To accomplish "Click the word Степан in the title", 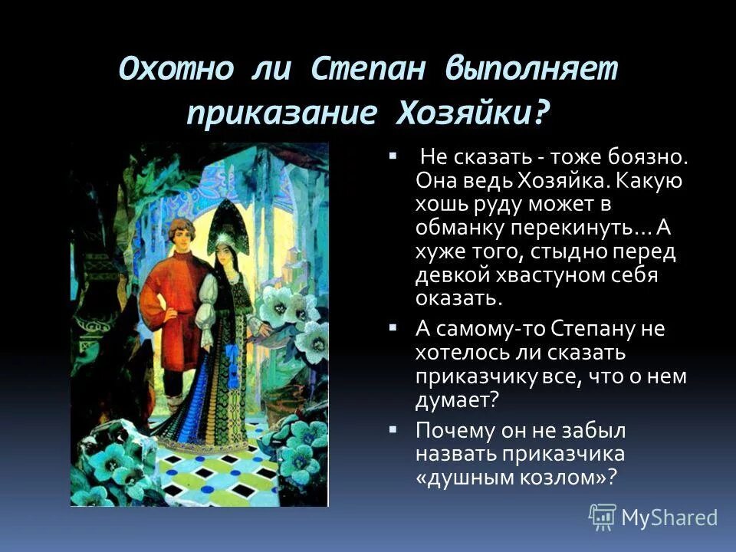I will pyautogui.click(x=368, y=70).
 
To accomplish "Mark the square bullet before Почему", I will pyautogui.click(x=393, y=426).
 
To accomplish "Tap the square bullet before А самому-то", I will pyautogui.click(x=393, y=327).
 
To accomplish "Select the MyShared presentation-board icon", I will pyautogui.click(x=603, y=517).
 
